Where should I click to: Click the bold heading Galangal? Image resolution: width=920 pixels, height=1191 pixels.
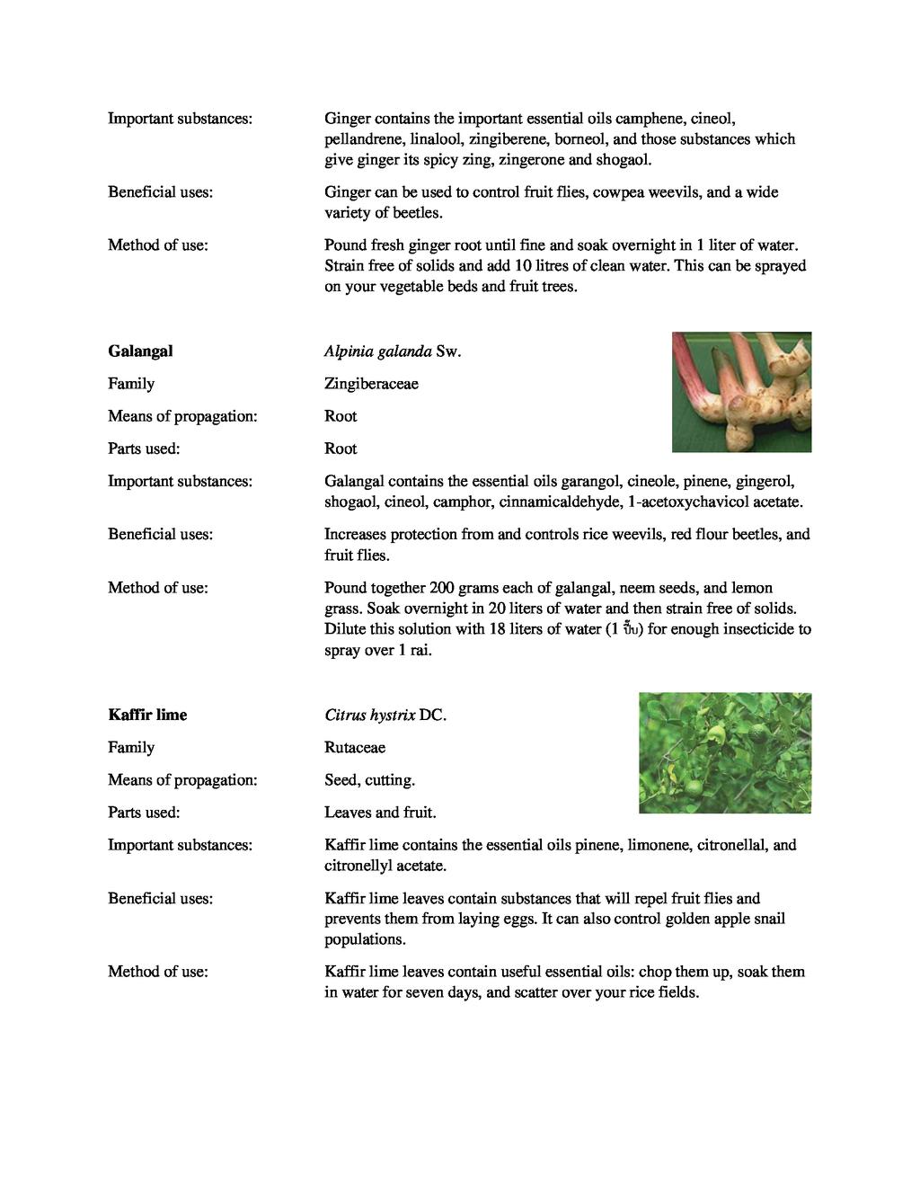(x=140, y=351)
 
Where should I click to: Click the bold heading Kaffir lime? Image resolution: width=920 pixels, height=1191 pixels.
(x=147, y=715)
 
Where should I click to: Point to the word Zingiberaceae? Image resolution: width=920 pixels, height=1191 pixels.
(x=371, y=384)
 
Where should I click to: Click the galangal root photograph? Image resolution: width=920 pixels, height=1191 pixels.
(x=741, y=392)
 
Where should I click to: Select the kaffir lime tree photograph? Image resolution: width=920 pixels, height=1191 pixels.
(x=724, y=753)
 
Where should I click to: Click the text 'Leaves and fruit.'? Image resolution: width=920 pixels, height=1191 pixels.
(x=380, y=813)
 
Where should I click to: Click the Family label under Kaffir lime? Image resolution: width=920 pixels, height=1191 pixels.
(x=131, y=748)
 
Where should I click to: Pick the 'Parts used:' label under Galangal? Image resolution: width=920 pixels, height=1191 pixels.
(x=144, y=449)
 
